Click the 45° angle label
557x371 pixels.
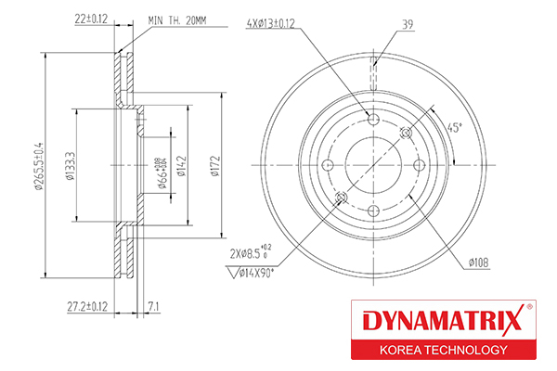(x=454, y=127)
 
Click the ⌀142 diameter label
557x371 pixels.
(x=184, y=165)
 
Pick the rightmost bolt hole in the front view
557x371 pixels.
(x=419, y=165)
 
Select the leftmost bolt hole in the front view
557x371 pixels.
(x=327, y=165)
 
